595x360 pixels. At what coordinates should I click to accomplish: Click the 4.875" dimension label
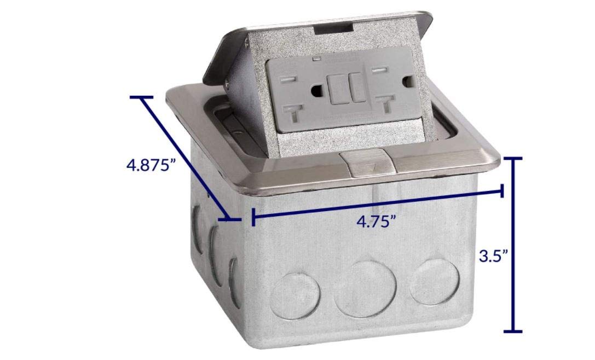tap(151, 165)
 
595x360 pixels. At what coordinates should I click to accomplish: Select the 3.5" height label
tap(493, 256)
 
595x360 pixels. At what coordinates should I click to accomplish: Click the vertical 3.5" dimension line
tap(513, 245)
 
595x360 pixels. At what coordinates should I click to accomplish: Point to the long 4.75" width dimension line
tap(378, 205)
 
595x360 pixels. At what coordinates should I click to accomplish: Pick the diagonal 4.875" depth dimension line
tap(186, 158)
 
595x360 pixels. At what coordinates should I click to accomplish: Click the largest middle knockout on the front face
tap(365, 288)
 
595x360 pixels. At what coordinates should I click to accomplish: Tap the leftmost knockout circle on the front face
tap(295, 295)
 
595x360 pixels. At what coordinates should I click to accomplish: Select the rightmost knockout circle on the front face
tap(435, 282)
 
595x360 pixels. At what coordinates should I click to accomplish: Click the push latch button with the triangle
tap(367, 164)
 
